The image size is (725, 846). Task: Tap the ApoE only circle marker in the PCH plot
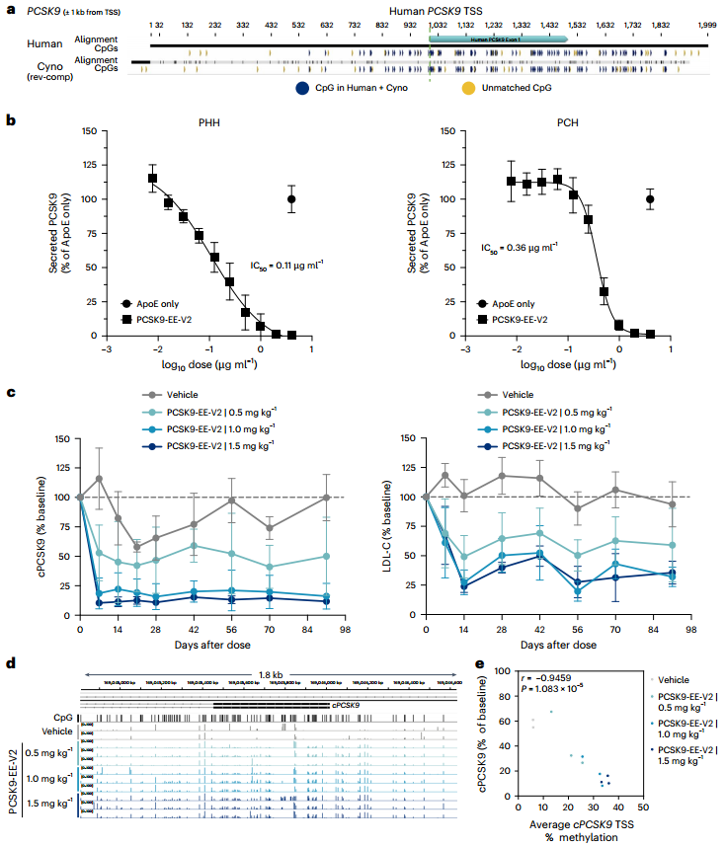[x=650, y=198]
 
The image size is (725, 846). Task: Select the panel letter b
[x=11, y=119]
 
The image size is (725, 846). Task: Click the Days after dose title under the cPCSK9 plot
[x=210, y=644]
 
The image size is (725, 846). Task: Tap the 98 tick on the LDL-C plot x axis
[x=689, y=629]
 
